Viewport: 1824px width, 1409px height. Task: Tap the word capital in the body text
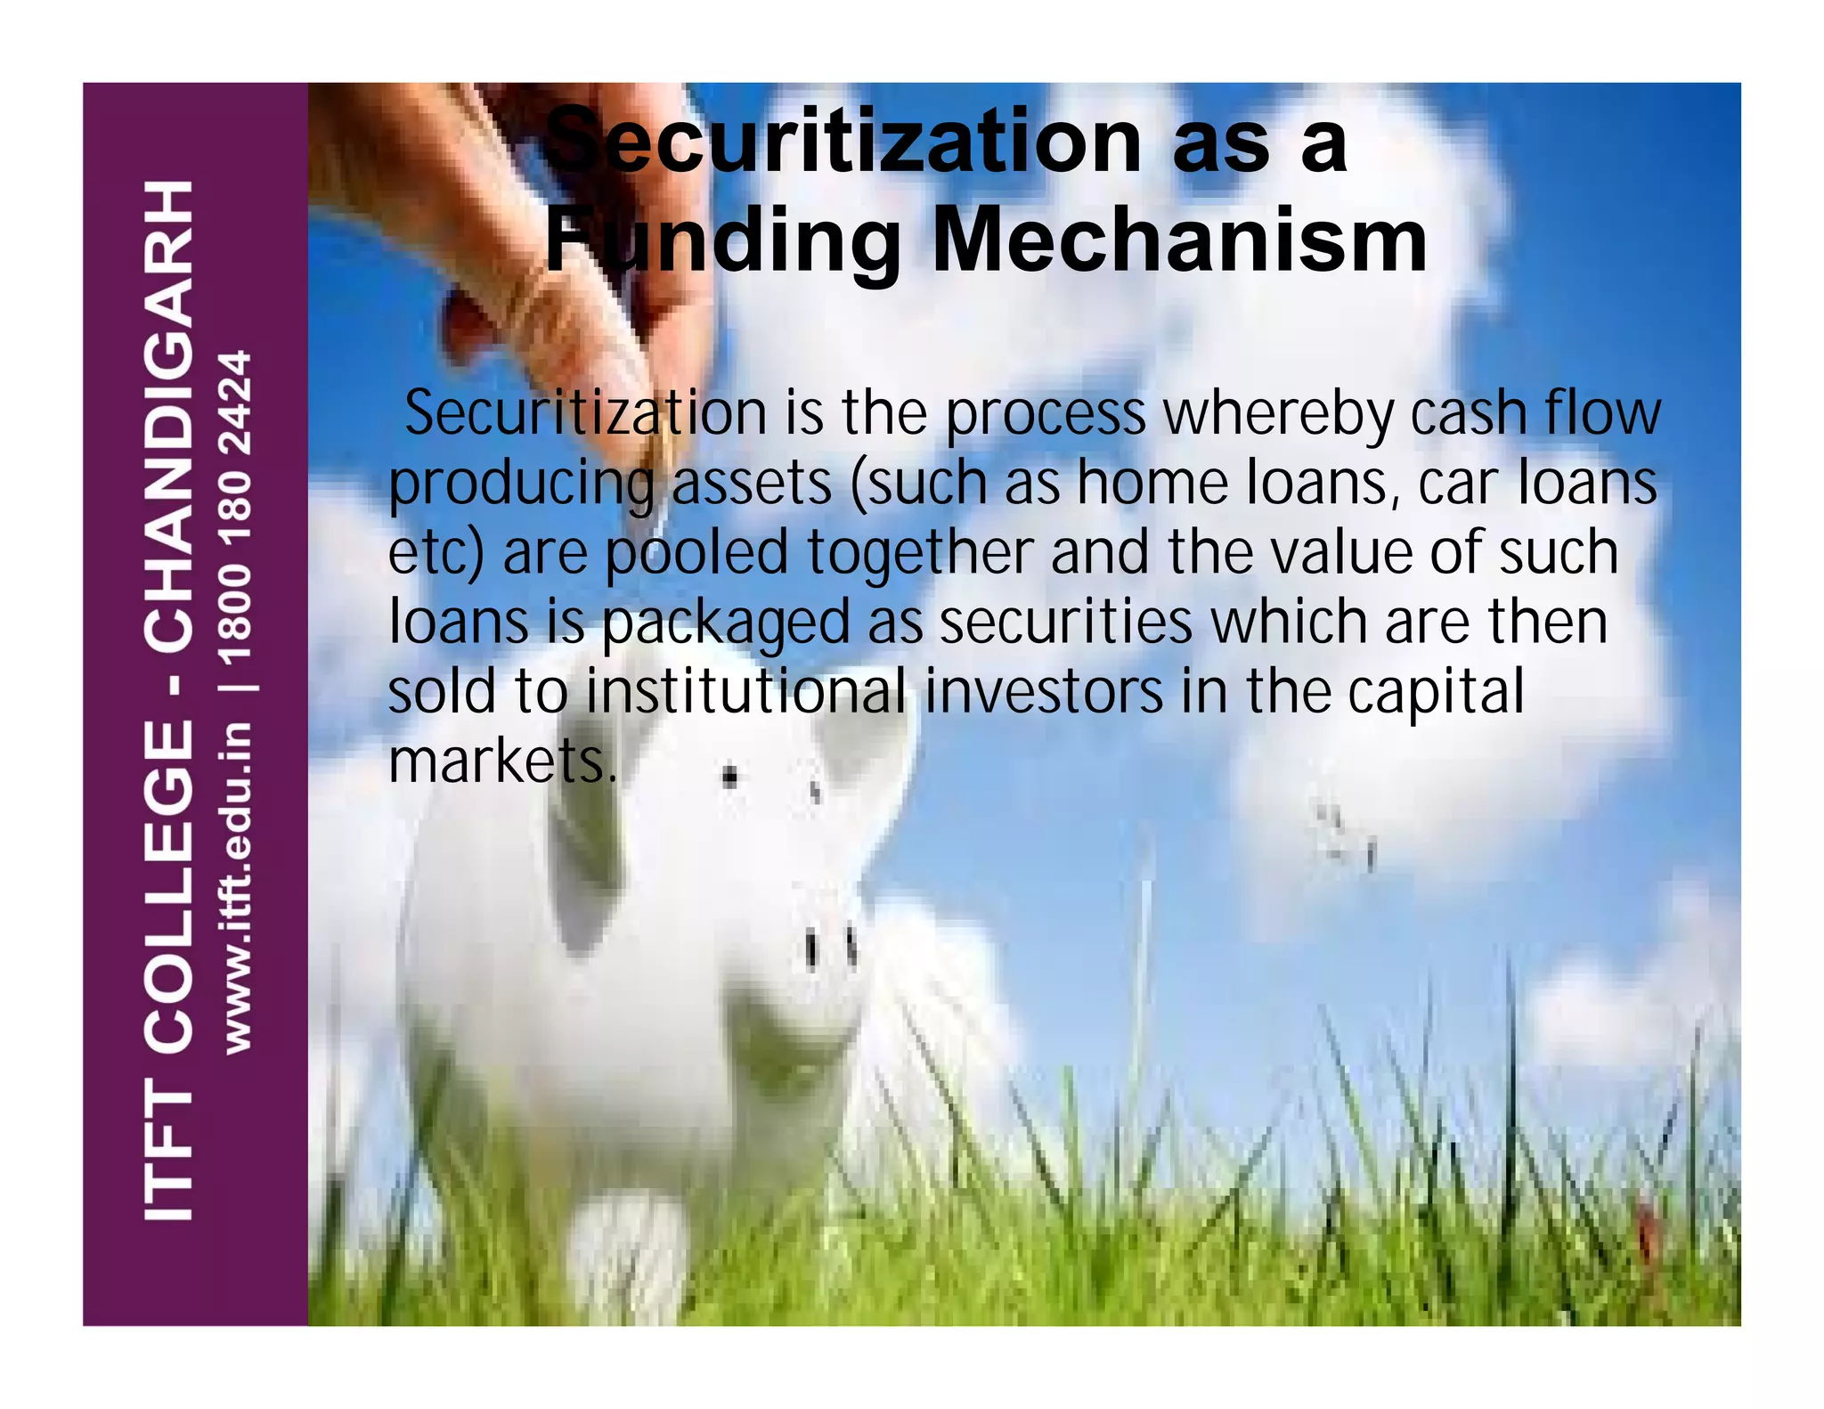[1436, 693]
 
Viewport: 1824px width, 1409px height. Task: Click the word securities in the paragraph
[1065, 621]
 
